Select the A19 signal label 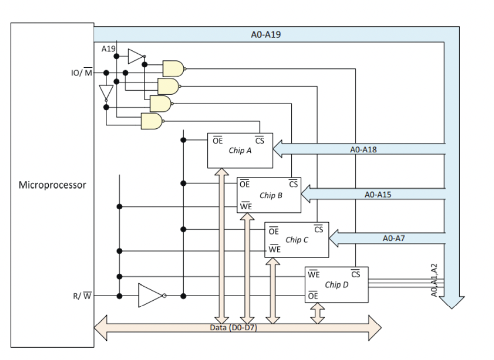tap(108, 49)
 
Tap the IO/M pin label tap(81, 73)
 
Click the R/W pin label tap(82, 296)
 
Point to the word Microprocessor tap(53, 185)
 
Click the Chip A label tap(240, 151)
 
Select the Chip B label tap(271, 195)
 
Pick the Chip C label tap(297, 240)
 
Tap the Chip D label tap(336, 284)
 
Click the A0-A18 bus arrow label tap(362, 149)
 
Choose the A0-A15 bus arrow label tap(378, 194)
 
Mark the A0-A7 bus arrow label tap(394, 238)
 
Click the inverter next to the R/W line tap(151, 296)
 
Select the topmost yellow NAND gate tap(173, 68)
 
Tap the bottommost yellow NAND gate tap(151, 121)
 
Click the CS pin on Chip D tap(355, 274)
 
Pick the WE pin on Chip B tap(245, 206)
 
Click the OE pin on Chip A tap(217, 141)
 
